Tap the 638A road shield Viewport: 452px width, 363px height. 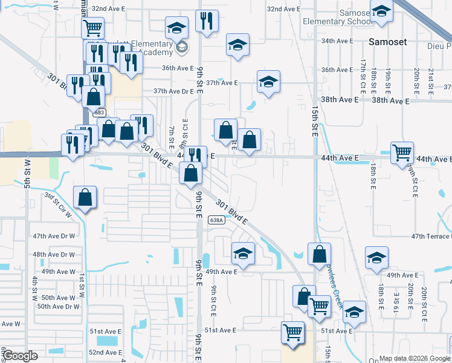217,220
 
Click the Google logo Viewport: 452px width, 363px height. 20,356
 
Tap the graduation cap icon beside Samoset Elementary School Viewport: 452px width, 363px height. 381,11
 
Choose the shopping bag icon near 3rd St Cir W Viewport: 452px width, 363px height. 85,197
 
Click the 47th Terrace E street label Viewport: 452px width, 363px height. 431,237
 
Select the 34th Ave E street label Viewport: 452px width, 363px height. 337,41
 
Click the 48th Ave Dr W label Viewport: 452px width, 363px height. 54,255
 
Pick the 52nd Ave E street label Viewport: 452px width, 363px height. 105,352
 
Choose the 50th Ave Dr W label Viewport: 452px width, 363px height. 58,307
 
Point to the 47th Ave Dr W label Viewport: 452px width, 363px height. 54,236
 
